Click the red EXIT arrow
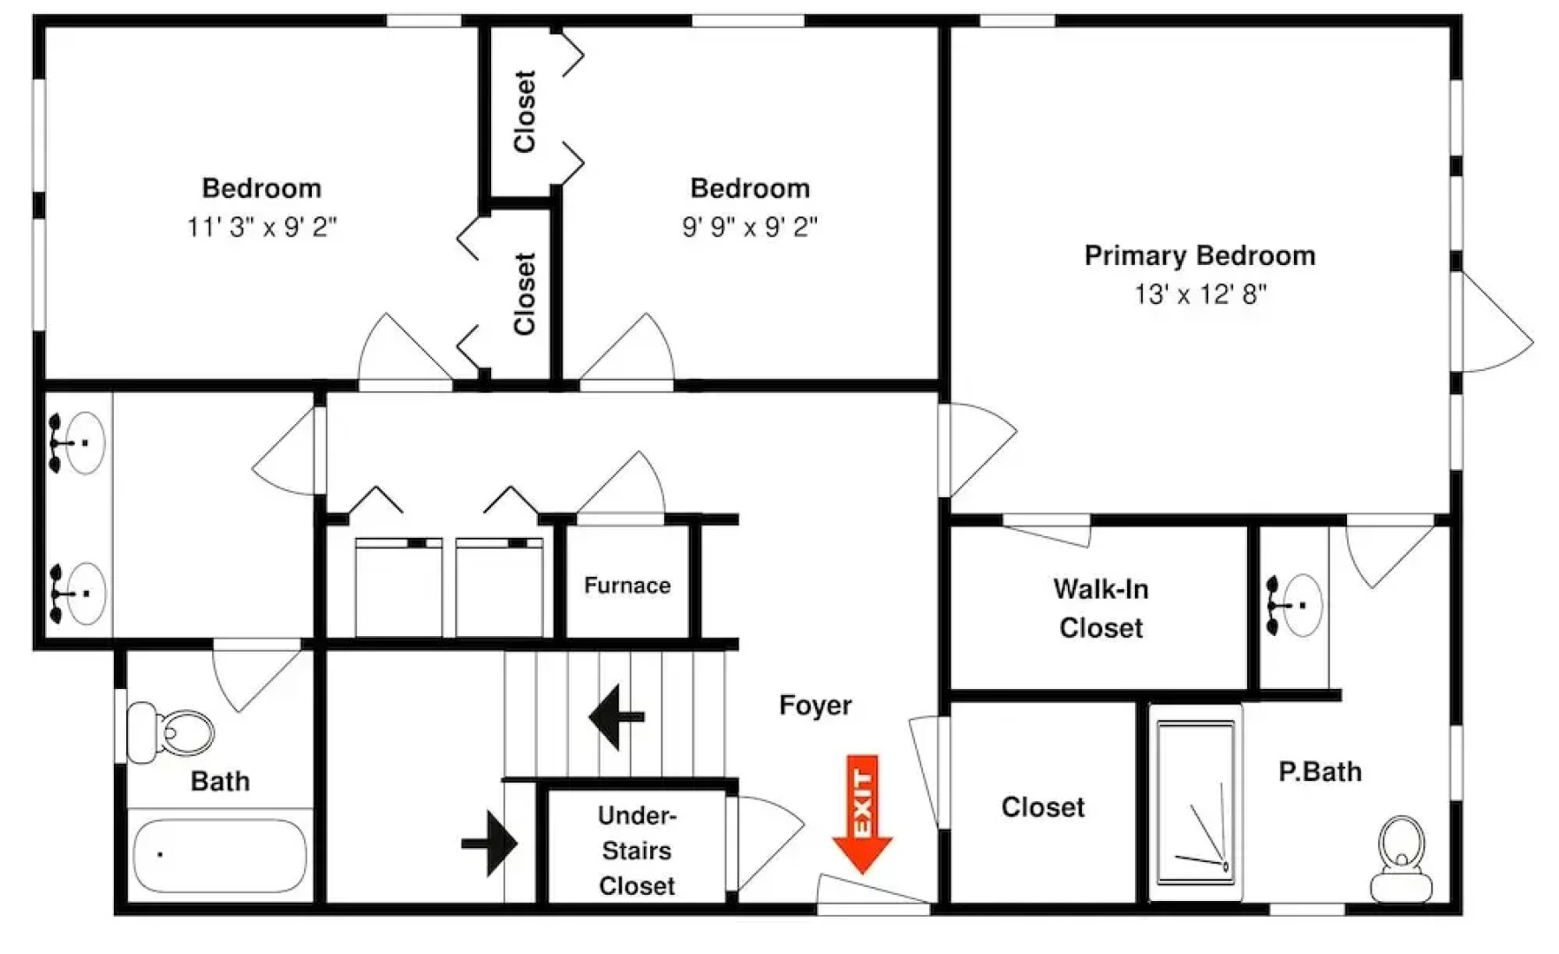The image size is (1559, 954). point(862,814)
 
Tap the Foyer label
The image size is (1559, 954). point(815,705)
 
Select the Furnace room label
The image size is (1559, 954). point(627,585)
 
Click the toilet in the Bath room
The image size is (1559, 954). point(170,732)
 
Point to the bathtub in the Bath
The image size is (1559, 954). point(220,854)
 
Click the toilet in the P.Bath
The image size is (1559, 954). point(1402,858)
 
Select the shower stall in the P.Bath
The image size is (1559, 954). point(1196,802)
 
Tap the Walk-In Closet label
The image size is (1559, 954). point(1101,608)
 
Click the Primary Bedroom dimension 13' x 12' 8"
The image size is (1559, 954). point(1200,294)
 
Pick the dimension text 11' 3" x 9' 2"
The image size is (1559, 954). point(261,227)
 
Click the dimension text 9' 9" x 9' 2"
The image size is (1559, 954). point(750,227)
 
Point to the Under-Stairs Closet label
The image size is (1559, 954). point(637,850)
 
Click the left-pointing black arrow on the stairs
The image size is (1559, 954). point(617,717)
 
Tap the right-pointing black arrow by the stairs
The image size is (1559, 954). point(489,843)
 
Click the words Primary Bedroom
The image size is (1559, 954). point(1200,255)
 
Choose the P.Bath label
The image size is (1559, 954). point(1320,771)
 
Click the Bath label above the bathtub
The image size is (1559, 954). point(220,781)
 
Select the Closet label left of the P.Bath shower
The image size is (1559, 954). point(1042,806)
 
